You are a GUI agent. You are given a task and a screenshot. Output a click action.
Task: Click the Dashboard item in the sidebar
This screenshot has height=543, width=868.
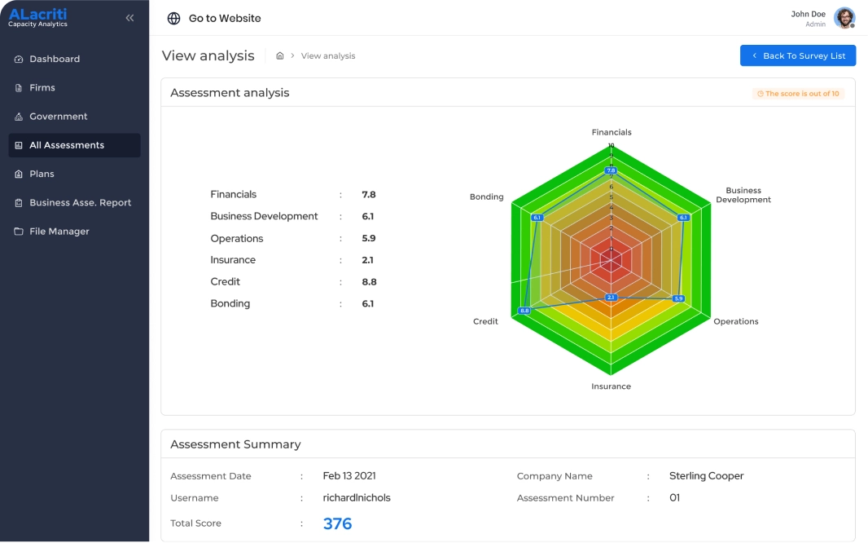[55, 59]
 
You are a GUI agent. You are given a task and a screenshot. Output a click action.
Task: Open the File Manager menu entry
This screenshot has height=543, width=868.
[59, 232]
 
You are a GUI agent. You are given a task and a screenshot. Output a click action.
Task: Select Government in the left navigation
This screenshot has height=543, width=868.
[58, 117]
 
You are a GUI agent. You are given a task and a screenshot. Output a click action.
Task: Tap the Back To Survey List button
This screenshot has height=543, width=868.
[797, 55]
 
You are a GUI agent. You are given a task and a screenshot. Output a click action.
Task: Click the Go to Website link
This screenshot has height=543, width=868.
[224, 18]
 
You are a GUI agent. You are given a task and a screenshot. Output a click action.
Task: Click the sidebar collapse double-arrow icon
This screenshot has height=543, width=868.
[129, 18]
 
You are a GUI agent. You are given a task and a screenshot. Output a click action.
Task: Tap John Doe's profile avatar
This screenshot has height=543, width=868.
[844, 18]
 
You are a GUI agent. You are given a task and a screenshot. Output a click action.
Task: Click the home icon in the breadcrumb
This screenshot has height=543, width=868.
[280, 56]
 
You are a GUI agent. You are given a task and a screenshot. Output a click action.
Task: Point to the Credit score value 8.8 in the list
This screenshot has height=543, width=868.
[369, 282]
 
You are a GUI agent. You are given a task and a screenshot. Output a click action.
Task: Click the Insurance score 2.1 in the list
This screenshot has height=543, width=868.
[368, 260]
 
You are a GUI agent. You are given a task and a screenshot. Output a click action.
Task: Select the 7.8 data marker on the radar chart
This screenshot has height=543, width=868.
[611, 170]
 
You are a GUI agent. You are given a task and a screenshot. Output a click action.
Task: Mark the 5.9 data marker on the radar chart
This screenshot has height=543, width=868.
[678, 298]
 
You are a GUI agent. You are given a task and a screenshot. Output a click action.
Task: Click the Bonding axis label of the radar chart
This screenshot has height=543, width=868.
[486, 197]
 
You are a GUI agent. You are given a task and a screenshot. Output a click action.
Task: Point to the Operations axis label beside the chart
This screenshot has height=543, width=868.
[735, 321]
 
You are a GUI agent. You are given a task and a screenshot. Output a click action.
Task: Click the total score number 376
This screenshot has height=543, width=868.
[337, 523]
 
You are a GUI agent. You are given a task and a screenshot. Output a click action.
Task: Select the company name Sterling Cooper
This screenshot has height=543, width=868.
[706, 476]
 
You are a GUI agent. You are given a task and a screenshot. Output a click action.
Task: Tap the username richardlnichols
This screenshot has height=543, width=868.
[357, 498]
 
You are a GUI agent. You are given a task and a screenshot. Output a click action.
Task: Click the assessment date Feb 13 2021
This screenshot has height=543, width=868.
[349, 476]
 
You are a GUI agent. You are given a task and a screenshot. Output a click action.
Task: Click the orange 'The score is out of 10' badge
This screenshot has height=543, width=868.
[798, 94]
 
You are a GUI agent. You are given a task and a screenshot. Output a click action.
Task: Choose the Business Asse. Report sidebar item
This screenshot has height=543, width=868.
[80, 203]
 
